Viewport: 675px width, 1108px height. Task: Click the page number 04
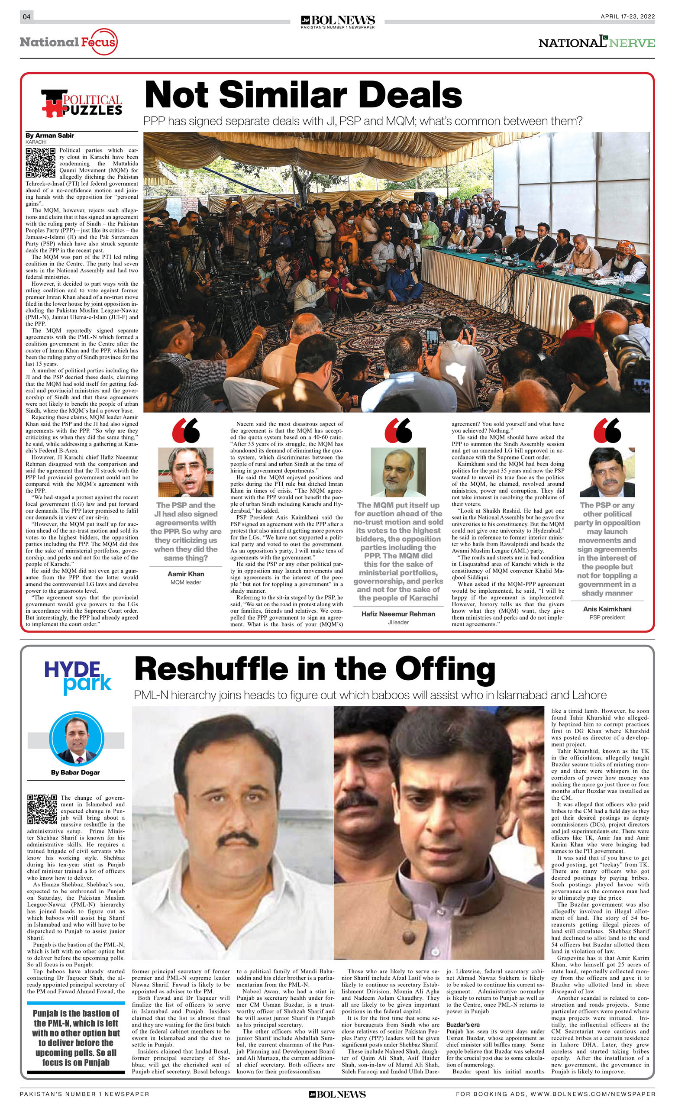point(26,16)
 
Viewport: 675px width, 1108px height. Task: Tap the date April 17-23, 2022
point(627,16)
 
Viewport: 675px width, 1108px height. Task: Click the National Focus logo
point(69,42)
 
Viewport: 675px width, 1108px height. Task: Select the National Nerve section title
point(596,42)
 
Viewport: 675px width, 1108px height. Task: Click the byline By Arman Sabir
point(50,136)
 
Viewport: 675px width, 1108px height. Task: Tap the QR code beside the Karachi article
point(40,163)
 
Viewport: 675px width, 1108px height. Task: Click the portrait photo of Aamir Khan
point(186,472)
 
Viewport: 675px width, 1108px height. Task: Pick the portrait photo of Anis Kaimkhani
point(607,472)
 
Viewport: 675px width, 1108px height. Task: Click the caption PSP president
point(607,617)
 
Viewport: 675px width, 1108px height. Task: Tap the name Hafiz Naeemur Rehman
point(398,614)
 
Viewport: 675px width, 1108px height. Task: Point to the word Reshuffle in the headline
point(211,669)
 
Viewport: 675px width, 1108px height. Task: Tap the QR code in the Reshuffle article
point(42,809)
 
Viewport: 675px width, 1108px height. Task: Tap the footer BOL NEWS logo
point(337,1094)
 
